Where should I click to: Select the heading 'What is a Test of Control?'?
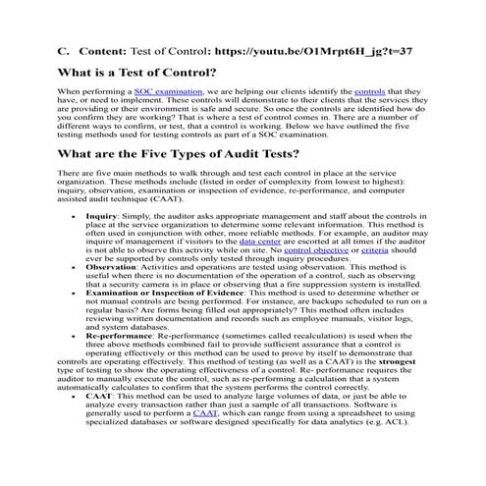click(x=136, y=72)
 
